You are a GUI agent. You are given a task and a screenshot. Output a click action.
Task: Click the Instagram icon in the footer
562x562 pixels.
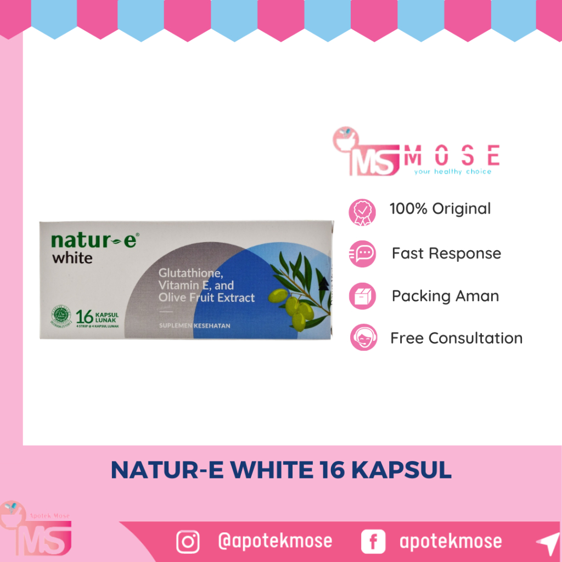(x=188, y=542)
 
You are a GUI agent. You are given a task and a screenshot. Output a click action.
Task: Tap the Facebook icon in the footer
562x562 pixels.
(x=373, y=542)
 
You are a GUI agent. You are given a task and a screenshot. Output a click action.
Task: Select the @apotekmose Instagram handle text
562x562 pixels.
(x=275, y=541)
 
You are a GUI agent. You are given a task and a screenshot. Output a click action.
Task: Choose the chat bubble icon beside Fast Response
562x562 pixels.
(x=362, y=254)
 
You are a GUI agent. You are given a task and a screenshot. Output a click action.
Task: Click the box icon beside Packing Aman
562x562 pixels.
(x=362, y=296)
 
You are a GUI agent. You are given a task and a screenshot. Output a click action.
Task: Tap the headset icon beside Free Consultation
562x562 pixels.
(x=363, y=338)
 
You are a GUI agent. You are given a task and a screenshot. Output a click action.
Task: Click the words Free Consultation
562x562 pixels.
(x=456, y=338)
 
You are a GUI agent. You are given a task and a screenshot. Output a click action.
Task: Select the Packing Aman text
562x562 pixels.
(x=445, y=296)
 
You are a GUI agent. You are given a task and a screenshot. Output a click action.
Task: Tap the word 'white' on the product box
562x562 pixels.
(x=72, y=257)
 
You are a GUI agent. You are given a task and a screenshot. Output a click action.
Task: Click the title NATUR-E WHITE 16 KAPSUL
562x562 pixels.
(x=281, y=471)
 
